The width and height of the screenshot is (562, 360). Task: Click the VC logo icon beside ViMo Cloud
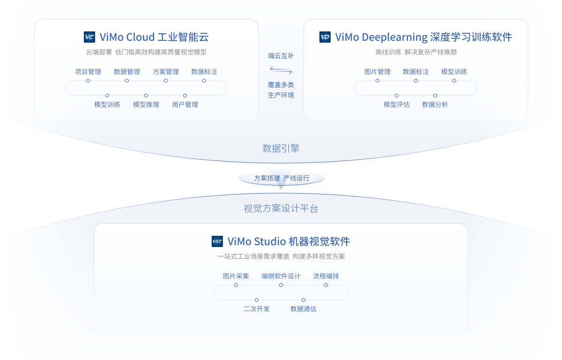coord(89,37)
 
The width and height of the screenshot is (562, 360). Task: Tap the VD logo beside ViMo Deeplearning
coord(325,37)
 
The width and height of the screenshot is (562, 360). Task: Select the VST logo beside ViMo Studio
coord(217,241)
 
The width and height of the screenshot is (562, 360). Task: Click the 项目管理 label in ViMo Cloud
coord(88,72)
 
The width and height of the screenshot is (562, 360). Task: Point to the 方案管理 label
coord(166,72)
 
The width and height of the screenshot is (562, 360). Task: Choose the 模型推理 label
coord(146,105)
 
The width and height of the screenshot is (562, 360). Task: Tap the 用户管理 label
coord(185,105)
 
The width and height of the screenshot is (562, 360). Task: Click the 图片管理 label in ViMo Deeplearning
coord(377,72)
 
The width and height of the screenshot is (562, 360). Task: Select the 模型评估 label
coord(397,105)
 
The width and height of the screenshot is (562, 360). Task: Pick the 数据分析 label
coord(435,105)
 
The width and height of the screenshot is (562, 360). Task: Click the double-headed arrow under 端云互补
coord(281,70)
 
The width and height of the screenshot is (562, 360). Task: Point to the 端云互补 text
coord(281,56)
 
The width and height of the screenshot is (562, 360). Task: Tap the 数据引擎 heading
coord(281,149)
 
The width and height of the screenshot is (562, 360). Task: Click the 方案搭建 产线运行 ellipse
coord(281,178)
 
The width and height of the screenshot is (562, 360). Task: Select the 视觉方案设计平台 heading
coord(281,209)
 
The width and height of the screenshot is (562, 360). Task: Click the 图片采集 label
coord(236,276)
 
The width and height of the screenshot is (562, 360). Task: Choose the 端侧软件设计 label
coord(281,276)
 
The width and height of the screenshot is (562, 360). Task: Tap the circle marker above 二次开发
coord(257,300)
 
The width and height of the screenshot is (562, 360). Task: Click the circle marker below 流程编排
coord(326,285)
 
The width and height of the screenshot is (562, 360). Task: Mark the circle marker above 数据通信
coord(303,300)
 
